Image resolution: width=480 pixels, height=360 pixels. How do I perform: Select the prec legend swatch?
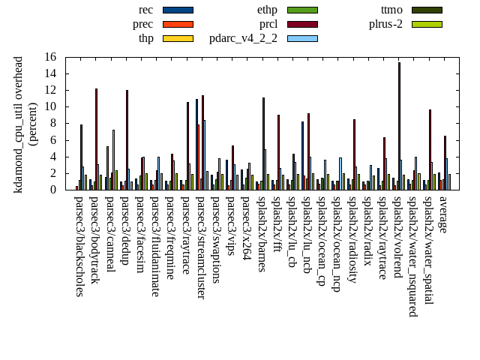pyautogui.click(x=178, y=24)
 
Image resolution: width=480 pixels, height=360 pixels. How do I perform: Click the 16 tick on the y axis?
pyautogui.click(x=50, y=57)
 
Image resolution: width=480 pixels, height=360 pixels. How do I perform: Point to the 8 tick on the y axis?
pyautogui.click(x=53, y=123)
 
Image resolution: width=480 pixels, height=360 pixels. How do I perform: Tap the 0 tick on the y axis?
pyautogui.click(x=53, y=190)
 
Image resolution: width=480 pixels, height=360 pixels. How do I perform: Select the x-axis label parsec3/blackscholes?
pyautogui.click(x=79, y=245)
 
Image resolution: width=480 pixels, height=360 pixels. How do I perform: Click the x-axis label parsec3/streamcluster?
pyautogui.click(x=200, y=247)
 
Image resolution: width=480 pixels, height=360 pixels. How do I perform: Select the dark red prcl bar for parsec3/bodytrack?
pyautogui.click(x=96, y=139)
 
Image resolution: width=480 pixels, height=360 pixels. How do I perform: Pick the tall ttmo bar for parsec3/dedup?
pyautogui.click(x=127, y=139)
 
